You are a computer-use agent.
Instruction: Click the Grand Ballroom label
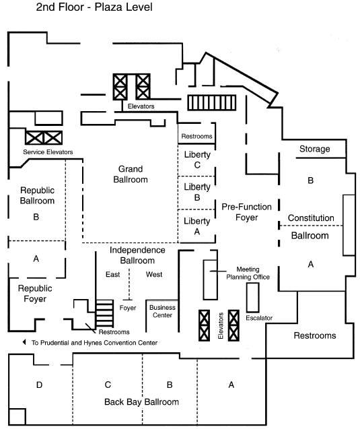[131, 174]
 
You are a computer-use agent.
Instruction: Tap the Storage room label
[315, 149]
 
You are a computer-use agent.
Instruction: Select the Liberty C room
[196, 160]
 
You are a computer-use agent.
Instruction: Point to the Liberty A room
[196, 226]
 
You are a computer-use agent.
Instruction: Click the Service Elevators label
[48, 152]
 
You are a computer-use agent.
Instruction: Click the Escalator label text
[259, 318]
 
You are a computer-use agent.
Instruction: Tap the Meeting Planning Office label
[248, 273]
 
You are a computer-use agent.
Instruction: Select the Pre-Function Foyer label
[246, 212]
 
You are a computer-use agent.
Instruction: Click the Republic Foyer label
[35, 294]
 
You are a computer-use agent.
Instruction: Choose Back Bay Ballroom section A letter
[231, 385]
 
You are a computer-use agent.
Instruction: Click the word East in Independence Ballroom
[112, 274]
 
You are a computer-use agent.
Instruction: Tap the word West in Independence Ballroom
[154, 274]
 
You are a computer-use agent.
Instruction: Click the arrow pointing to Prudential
[24, 342]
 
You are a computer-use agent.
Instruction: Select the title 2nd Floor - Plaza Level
[94, 7]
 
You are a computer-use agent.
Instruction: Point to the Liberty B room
[196, 193]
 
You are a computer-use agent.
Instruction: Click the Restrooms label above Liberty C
[196, 136]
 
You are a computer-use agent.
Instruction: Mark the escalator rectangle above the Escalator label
[252, 298]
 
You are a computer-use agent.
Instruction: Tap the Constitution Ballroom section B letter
[310, 180]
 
